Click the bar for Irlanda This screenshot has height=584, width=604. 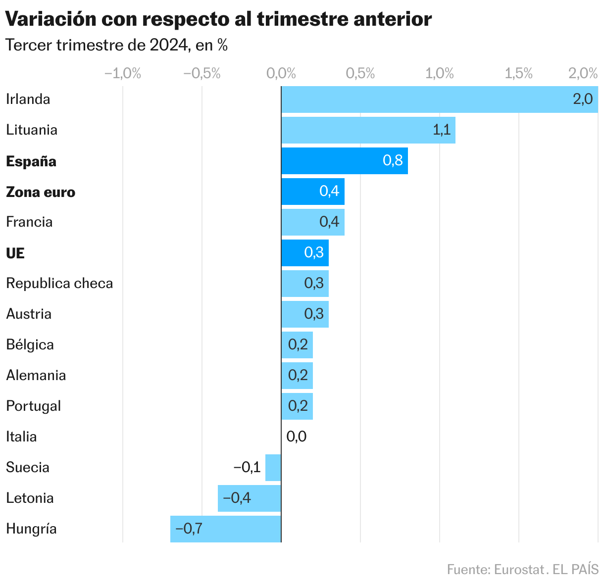click(440, 99)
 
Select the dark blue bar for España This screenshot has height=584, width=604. click(345, 161)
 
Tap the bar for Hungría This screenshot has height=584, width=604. click(226, 529)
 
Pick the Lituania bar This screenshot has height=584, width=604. click(368, 130)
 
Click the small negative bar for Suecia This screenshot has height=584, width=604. click(273, 468)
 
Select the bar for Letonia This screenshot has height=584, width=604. click(250, 498)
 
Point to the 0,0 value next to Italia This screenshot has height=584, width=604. click(297, 437)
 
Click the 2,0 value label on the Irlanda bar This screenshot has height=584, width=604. click(582, 99)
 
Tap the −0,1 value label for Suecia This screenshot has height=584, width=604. click(247, 467)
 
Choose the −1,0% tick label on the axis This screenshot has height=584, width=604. click(123, 74)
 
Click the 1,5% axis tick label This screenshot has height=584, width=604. click(519, 74)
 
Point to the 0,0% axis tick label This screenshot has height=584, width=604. click(281, 74)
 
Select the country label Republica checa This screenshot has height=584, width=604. click(59, 284)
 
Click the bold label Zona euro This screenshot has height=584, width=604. click(41, 192)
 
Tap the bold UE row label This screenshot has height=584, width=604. click(15, 253)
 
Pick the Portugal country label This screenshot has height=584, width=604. click(33, 406)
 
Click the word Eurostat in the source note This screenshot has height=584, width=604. click(519, 569)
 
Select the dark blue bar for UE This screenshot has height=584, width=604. click(305, 253)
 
